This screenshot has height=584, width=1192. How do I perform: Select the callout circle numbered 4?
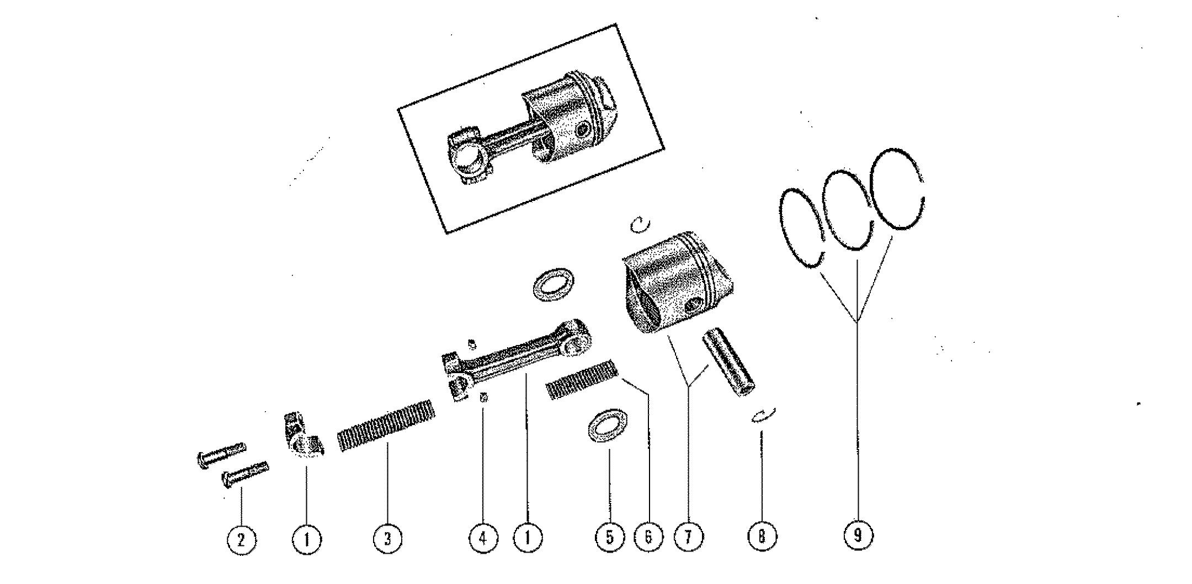coord(483,537)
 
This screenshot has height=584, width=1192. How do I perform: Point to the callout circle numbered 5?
coord(610,537)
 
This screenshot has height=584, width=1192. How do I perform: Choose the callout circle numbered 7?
coord(688,536)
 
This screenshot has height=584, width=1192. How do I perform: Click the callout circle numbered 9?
coord(858,535)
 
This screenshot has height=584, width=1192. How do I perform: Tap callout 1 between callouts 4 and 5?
coord(528,537)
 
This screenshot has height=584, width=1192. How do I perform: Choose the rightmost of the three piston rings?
coord(897,189)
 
